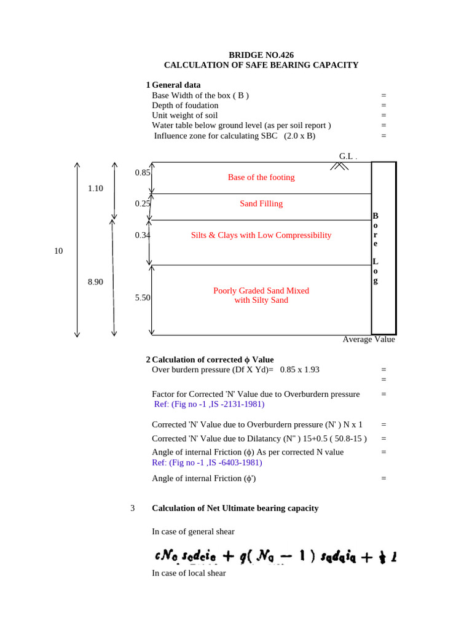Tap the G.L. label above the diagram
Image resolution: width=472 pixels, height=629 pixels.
coord(347,156)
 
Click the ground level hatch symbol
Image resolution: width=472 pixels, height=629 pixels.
coord(337,166)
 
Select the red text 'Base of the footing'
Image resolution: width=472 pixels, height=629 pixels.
coord(261,178)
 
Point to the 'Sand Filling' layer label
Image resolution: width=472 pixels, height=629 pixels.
coord(261,204)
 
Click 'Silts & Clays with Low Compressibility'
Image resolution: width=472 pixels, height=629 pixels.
coord(261,235)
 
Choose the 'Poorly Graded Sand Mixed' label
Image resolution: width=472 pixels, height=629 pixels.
coord(261,291)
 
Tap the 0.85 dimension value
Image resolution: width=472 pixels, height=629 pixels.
coord(143,173)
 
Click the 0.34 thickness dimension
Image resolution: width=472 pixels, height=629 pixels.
coord(143,235)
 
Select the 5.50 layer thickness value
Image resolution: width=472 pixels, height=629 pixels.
coord(143,297)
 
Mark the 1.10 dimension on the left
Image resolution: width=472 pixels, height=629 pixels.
coord(95,189)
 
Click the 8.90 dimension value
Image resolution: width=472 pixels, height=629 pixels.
coord(95,281)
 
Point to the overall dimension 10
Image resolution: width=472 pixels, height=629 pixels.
coord(59,251)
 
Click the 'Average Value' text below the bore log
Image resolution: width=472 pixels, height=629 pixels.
coord(369,340)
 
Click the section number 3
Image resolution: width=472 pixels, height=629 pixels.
coord(133,508)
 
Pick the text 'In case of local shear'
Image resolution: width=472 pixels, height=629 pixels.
coord(189,573)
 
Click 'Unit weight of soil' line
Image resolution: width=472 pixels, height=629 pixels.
coord(184,115)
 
